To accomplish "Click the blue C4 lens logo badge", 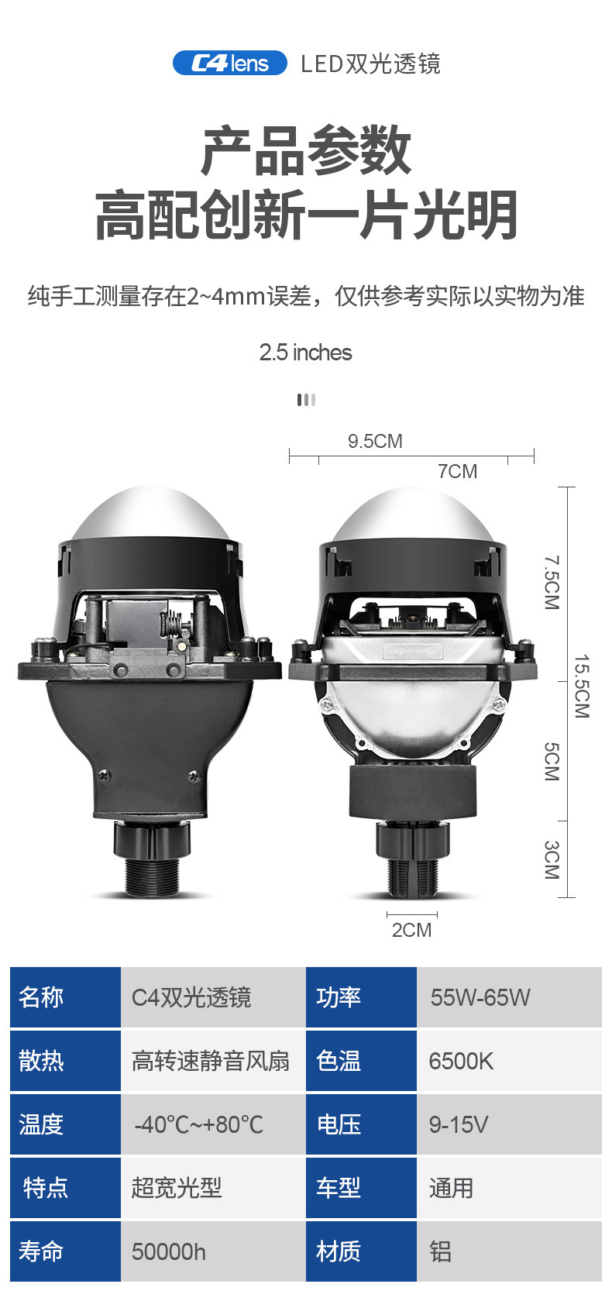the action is tap(229, 63).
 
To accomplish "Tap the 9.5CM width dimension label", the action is tap(375, 441).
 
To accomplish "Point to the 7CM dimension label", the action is tap(457, 471).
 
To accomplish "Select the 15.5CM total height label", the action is tap(582, 686).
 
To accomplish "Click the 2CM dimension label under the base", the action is tap(411, 930).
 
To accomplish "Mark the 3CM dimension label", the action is tap(552, 859).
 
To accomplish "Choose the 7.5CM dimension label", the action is tap(552, 583).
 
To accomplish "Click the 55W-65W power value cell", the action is tap(509, 997).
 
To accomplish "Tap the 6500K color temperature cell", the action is tap(509, 1061).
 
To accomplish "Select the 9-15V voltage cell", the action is tap(509, 1124).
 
